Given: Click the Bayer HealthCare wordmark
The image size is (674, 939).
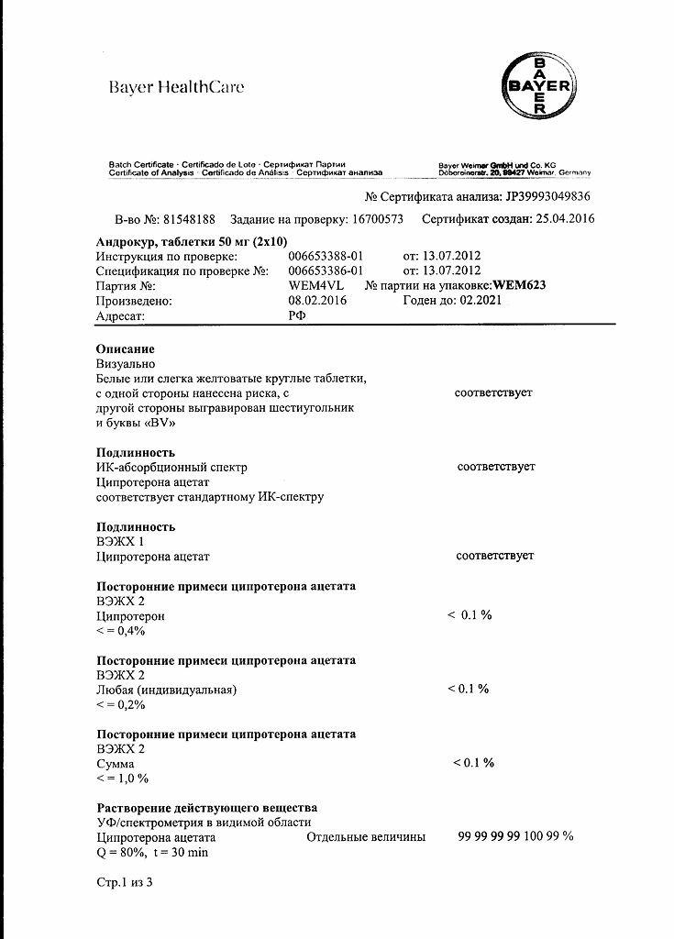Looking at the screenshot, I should coord(176,88).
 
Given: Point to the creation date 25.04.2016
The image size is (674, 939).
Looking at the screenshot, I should coord(562,219).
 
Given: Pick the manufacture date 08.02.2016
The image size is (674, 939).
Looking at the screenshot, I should coord(317,301).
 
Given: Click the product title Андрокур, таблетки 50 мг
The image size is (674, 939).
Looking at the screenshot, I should coord(191,241).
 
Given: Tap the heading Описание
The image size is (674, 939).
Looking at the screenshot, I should coord(126,349).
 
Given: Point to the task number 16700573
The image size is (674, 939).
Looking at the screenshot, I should coord(378,219).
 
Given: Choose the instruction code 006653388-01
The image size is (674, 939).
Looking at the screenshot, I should coord(326,256).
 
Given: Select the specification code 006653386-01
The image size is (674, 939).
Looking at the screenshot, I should coord(326,271).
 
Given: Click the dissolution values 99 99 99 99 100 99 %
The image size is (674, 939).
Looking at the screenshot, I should coord(515,836).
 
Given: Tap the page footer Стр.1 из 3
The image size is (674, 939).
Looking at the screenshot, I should coord(125,882).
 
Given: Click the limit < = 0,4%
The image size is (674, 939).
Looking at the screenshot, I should coord(121,631).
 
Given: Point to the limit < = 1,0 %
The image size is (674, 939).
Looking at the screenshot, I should coord(122,779).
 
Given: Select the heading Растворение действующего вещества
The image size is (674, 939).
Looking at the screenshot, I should coord(207,808).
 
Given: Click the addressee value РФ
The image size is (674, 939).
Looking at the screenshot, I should coord(297,315).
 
